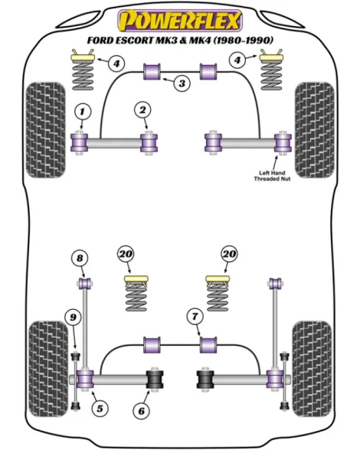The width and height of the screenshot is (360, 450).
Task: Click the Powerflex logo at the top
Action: (180, 21)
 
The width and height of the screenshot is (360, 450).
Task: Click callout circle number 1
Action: (83, 112)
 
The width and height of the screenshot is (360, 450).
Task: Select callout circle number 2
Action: (142, 110)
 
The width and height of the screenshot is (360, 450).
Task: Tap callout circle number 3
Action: (182, 83)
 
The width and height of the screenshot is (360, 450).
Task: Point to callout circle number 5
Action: (100, 408)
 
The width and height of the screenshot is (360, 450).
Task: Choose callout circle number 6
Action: (142, 411)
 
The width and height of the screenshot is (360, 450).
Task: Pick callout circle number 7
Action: (195, 317)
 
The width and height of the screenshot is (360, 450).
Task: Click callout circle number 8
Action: (80, 259)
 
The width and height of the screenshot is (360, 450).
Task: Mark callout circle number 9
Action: (74, 317)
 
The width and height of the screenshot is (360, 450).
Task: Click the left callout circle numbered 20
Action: (126, 254)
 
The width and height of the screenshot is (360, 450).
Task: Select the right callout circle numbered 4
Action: (237, 60)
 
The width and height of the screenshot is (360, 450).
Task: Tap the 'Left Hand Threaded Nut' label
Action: (272, 176)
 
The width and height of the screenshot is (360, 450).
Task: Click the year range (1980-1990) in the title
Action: (243, 40)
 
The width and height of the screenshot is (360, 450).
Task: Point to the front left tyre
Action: (46, 130)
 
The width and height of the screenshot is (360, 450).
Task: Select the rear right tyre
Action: (312, 369)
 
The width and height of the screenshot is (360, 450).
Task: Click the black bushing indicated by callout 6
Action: (155, 379)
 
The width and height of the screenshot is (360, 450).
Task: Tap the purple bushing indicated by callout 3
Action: (152, 72)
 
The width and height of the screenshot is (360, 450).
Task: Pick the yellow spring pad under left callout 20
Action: (136, 279)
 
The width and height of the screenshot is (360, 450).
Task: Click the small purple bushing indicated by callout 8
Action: (85, 283)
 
